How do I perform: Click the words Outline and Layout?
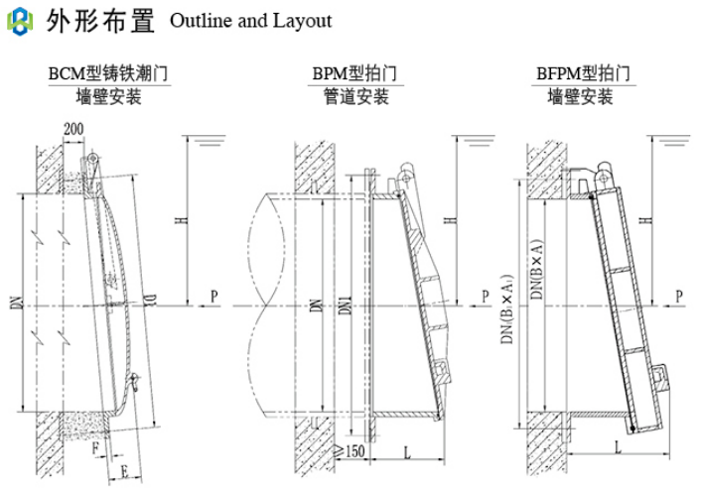pos(251,20)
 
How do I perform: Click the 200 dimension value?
pos(71,130)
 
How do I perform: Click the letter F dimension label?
pos(94,447)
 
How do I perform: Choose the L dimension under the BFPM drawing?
pos(619,448)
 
